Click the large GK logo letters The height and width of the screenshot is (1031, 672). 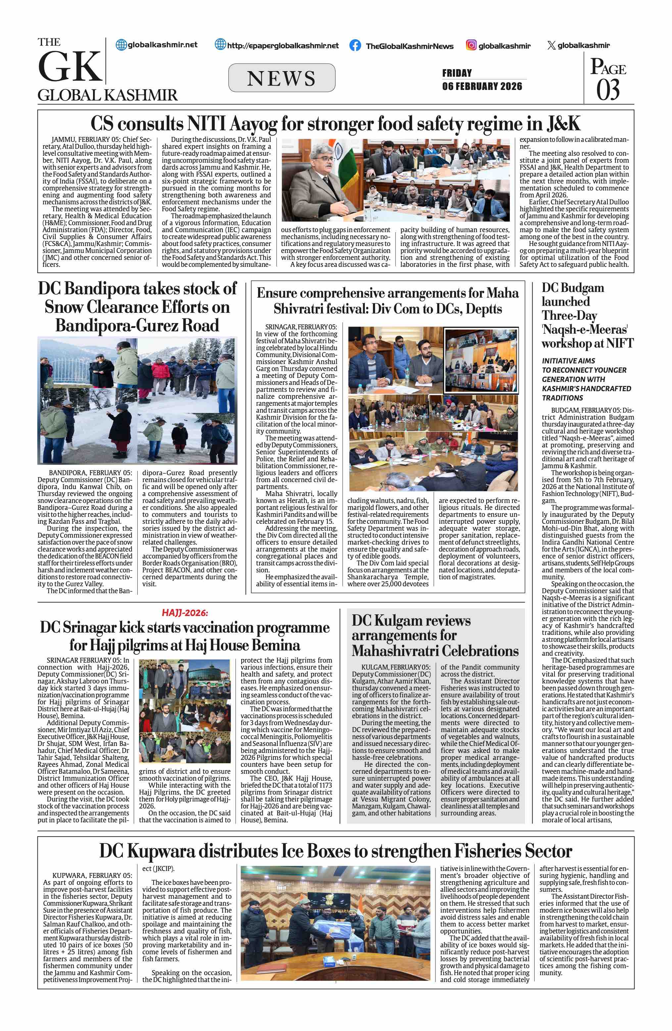coord(70,67)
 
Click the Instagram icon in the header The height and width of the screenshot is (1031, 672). coord(471,45)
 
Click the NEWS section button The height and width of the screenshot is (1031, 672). coord(281,78)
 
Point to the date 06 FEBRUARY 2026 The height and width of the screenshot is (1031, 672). coord(482,86)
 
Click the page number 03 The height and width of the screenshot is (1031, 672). coord(607,90)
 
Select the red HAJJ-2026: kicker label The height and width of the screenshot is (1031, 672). coord(185,612)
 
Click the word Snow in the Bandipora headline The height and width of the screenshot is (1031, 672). coord(64,307)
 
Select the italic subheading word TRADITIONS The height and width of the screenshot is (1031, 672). coord(562,398)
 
